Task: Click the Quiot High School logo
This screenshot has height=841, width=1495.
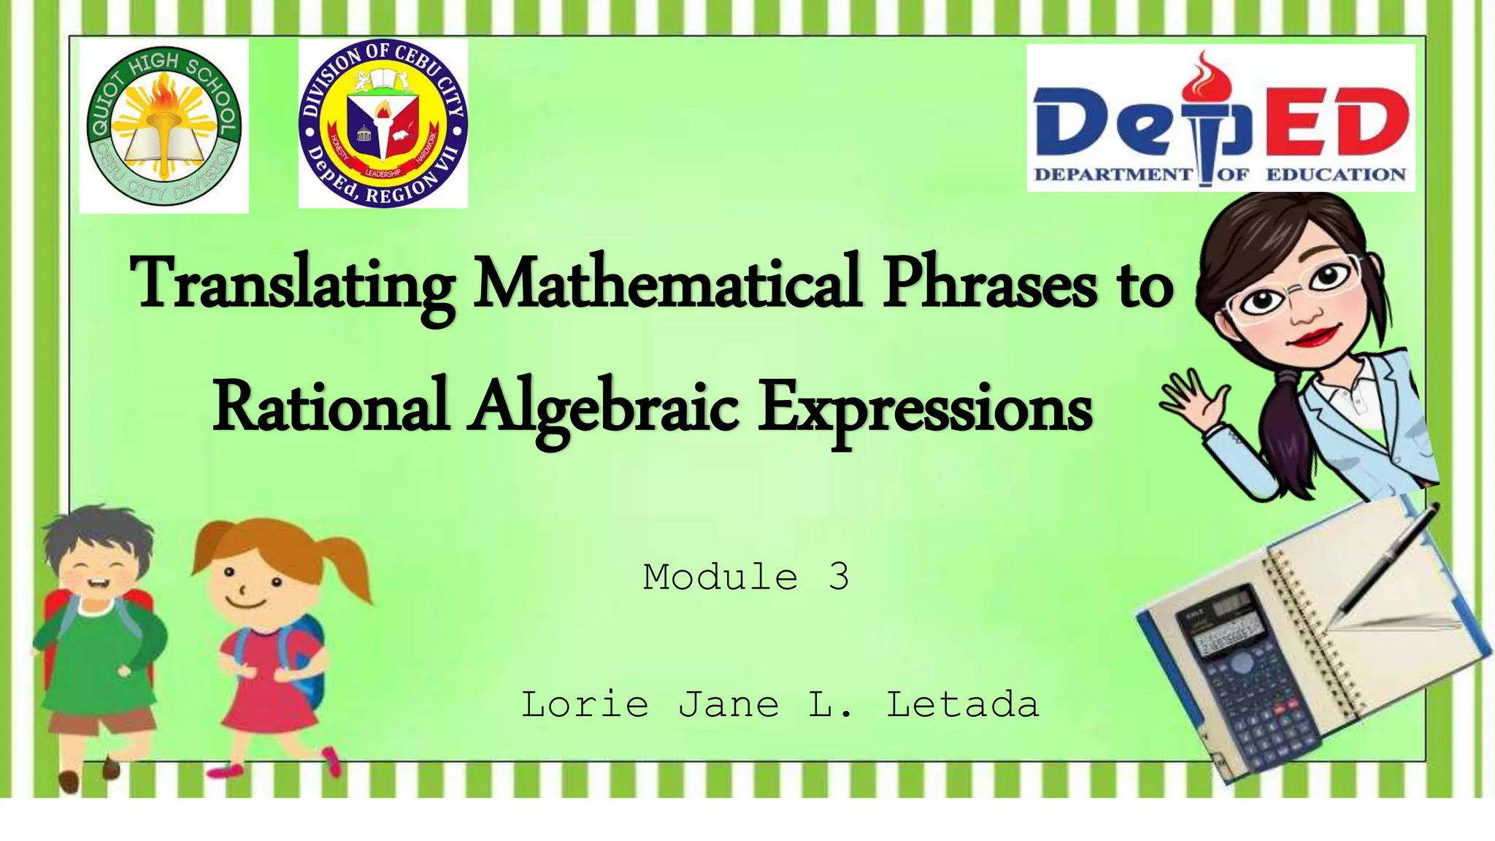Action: coord(164,126)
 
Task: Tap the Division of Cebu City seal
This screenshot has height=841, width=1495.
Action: coord(383,123)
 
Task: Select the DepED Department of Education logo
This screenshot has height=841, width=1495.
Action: coord(1221,118)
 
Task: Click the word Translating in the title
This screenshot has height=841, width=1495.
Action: coord(292,285)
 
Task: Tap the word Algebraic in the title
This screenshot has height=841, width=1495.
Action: coord(603,409)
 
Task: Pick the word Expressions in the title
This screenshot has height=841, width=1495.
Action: coord(924,409)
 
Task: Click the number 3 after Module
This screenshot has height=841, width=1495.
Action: coord(839,577)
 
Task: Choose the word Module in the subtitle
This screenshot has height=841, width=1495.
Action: coord(720,577)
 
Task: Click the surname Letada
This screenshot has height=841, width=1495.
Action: coord(962,704)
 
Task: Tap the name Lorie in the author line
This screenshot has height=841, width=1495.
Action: coord(585,704)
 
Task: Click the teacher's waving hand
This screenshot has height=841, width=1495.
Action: coord(1190,398)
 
